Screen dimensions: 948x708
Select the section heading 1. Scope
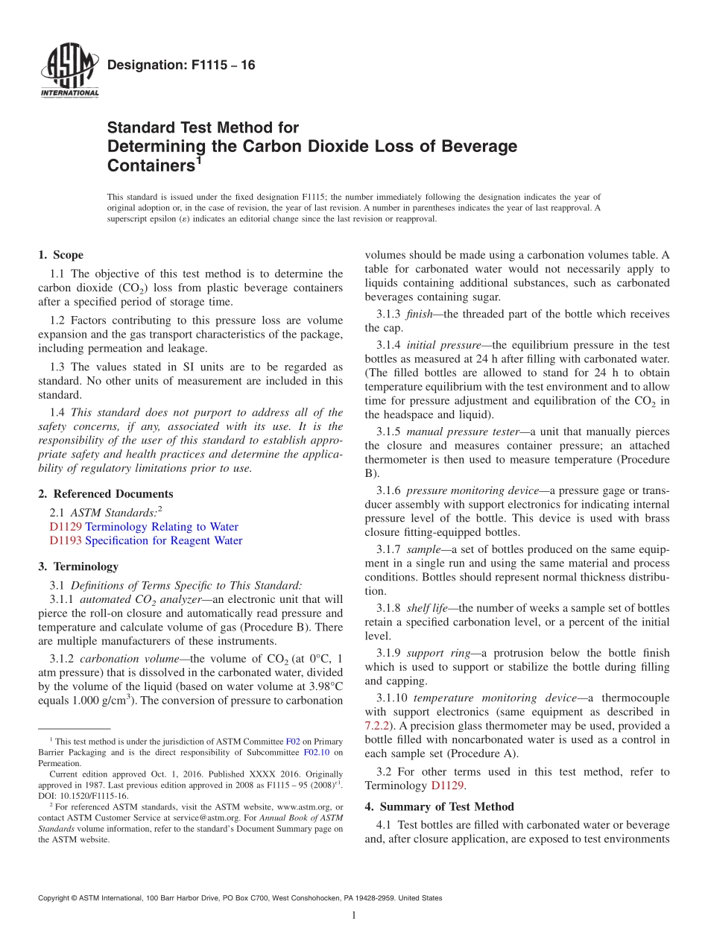(x=61, y=255)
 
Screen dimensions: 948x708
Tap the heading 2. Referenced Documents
(x=106, y=494)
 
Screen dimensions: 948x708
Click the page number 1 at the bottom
(x=354, y=915)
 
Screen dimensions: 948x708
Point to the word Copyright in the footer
(x=55, y=898)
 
